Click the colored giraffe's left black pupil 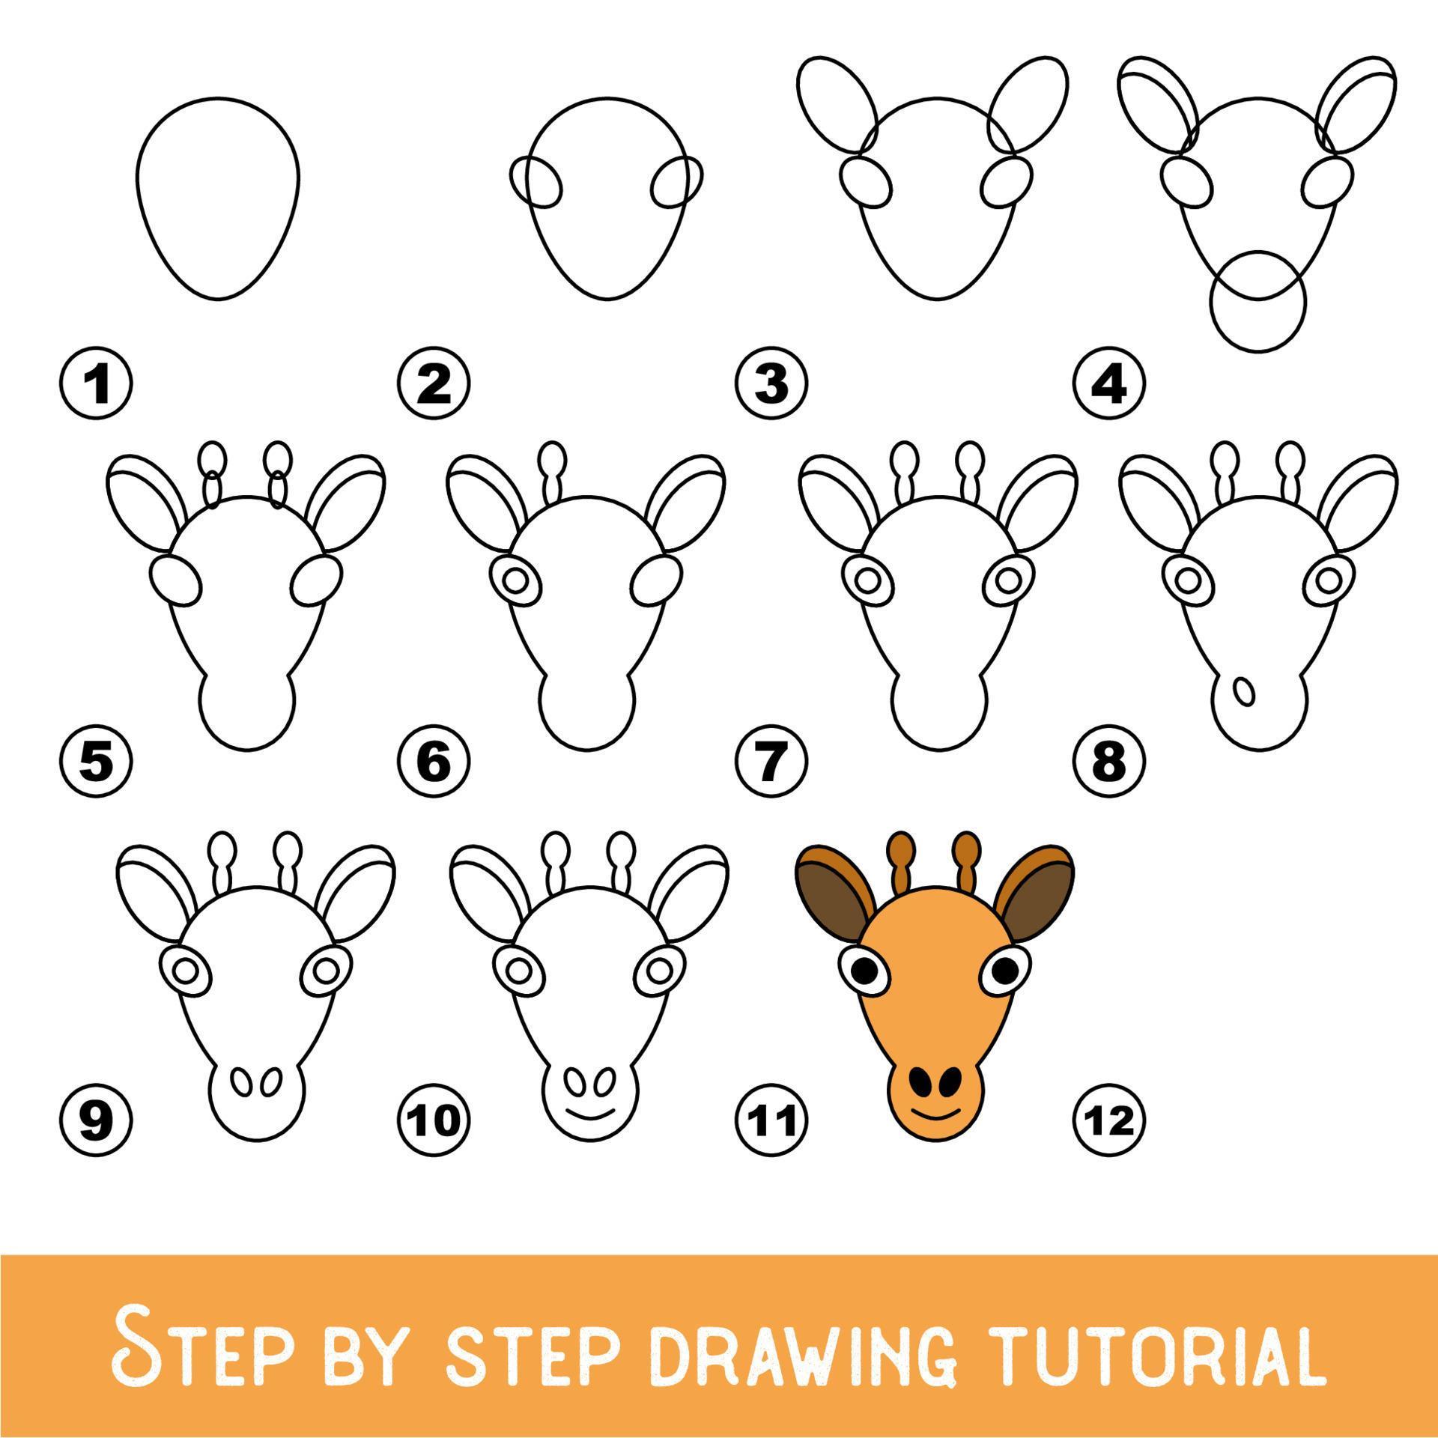tap(864, 972)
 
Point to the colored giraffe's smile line tap(935, 1135)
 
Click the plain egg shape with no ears tap(217, 198)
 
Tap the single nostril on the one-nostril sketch tap(1244, 690)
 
